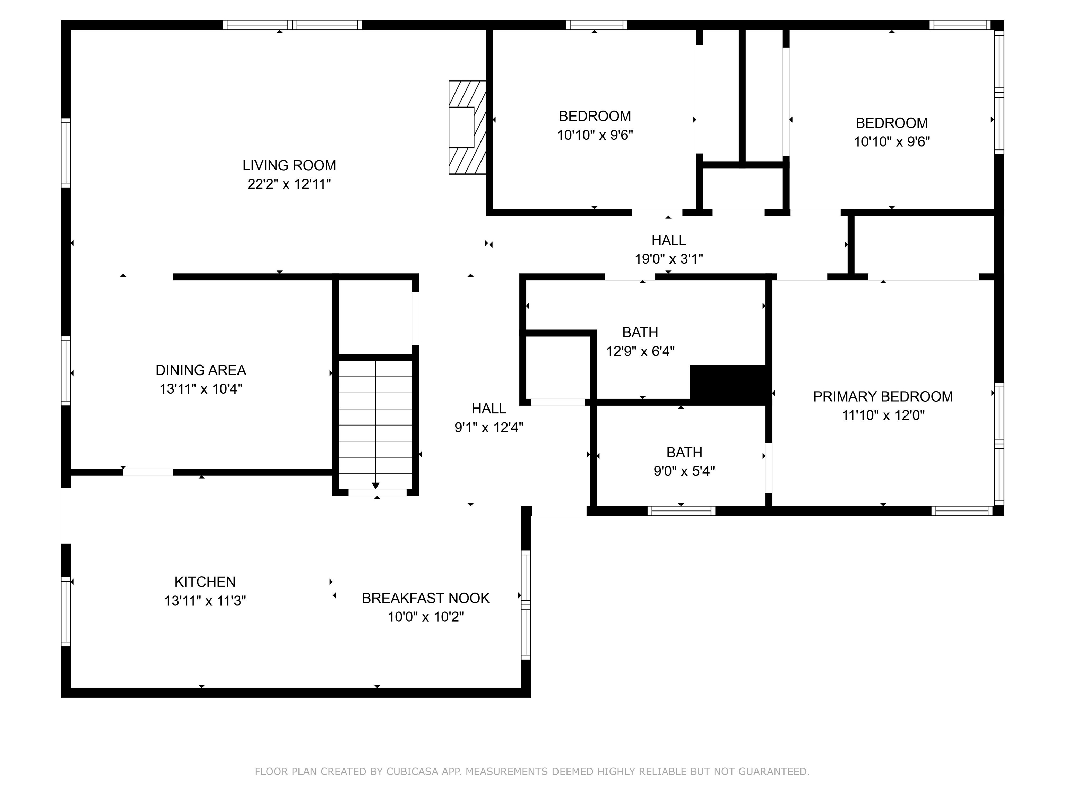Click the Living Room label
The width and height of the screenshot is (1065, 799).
289,165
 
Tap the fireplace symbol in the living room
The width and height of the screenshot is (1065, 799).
466,127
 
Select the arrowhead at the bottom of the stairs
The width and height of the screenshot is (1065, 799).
375,486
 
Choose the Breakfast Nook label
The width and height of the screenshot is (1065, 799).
426,598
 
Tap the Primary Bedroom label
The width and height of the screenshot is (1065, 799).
883,396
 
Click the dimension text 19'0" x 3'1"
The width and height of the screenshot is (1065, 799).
669,259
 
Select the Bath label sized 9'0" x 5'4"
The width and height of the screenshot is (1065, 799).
684,452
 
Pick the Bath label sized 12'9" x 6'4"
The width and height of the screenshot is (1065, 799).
640,332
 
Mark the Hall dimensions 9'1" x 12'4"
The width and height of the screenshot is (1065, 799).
489,427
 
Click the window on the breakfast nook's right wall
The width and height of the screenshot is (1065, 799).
526,605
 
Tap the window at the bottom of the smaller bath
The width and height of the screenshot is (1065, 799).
681,511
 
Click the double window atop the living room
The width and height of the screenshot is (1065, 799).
292,25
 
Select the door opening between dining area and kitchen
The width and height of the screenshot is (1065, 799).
148,472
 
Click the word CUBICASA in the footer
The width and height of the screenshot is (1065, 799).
412,772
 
